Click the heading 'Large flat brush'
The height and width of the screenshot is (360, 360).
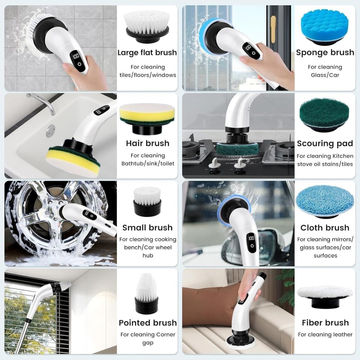pos(147,53)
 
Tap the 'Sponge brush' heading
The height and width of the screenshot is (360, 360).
pos(325,53)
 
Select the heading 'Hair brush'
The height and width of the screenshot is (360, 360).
pos(148,143)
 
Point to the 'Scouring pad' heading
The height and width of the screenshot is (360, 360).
pos(325,143)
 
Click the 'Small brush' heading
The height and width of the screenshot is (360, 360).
pos(147,227)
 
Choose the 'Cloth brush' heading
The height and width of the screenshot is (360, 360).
pos(325,227)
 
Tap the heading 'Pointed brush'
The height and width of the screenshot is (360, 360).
pos(148,323)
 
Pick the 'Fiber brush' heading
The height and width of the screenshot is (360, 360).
pos(325,323)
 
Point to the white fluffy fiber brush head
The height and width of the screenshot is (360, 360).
pos(325,292)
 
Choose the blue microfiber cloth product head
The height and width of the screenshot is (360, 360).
pos(325,201)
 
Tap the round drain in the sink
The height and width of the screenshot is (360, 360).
pos(51,130)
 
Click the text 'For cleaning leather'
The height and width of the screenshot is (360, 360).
pos(325,335)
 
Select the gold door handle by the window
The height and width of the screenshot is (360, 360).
pos(273,29)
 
